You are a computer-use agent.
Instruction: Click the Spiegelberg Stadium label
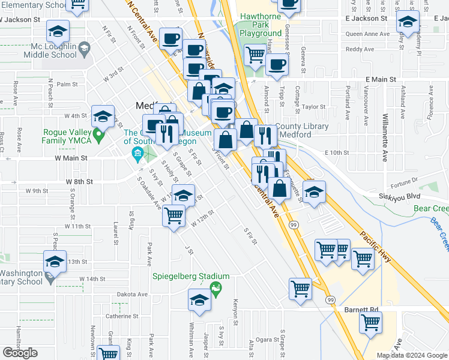[182, 276]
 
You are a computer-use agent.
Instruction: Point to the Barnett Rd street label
[362, 310]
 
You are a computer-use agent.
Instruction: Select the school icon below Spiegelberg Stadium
[199, 301]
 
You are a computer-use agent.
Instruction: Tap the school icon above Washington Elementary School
[55, 262]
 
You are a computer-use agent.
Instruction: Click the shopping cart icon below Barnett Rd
[370, 322]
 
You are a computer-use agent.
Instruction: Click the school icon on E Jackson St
[408, 22]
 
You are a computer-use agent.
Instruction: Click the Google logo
[20, 353]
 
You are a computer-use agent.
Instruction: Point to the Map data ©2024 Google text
[412, 355]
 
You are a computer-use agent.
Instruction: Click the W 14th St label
[92, 279]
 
